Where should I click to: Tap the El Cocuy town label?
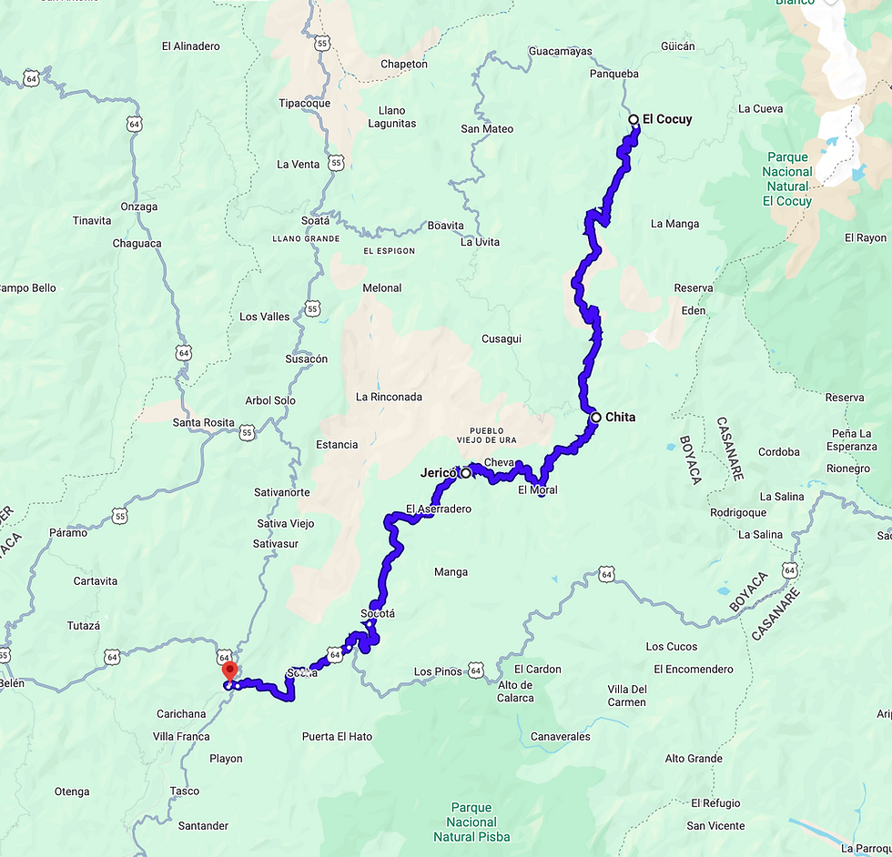[x=667, y=119]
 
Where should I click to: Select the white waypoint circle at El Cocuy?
[x=634, y=119]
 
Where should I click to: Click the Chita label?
[x=620, y=418]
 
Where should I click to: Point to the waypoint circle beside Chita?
[x=596, y=418]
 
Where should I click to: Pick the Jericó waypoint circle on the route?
[x=466, y=473]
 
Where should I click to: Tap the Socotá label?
[x=378, y=613]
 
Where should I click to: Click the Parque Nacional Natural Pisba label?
[x=471, y=822]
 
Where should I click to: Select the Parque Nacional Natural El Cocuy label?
[x=787, y=179]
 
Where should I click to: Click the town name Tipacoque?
[x=304, y=103]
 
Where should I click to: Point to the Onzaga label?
[x=139, y=207]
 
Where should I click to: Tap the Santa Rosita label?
[x=203, y=423]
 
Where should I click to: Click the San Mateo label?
[x=487, y=129]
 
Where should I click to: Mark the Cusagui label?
[x=502, y=339]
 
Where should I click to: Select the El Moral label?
[x=537, y=490]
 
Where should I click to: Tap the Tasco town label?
[x=185, y=791]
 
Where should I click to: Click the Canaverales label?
[x=560, y=737]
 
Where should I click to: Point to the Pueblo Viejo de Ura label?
[x=499, y=436]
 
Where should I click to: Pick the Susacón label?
[x=306, y=359]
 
